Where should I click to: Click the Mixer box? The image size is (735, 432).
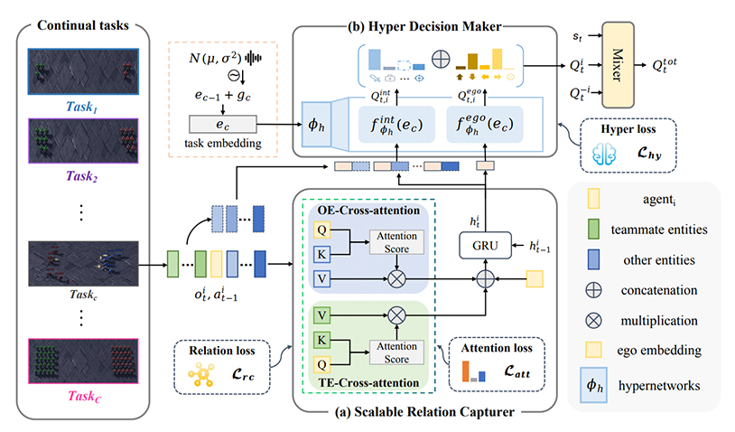618,65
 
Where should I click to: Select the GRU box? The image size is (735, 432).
485,245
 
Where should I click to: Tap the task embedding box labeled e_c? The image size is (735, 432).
223,125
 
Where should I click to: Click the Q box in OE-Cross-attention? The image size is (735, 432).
321,230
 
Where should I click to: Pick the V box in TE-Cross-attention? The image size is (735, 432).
321,315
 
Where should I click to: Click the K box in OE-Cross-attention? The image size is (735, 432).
321,254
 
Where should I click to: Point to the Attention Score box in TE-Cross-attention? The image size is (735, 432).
396,352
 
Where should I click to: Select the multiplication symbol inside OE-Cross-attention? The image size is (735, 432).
396,279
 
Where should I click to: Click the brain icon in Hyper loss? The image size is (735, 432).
604,154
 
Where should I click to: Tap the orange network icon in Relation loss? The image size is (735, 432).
201,375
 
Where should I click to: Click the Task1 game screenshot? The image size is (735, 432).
83,71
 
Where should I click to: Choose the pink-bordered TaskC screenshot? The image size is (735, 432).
83,362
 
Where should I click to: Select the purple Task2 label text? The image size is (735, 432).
81,176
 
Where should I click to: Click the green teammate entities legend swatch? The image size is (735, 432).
593,229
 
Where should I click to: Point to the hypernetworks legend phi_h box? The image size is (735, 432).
593,385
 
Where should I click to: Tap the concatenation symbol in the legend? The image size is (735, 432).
593,290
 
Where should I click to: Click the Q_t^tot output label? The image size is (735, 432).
665,65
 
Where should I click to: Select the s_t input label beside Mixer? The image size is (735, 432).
578,35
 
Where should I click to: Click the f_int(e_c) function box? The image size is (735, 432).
396,125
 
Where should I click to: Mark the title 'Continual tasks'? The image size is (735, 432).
83,25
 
